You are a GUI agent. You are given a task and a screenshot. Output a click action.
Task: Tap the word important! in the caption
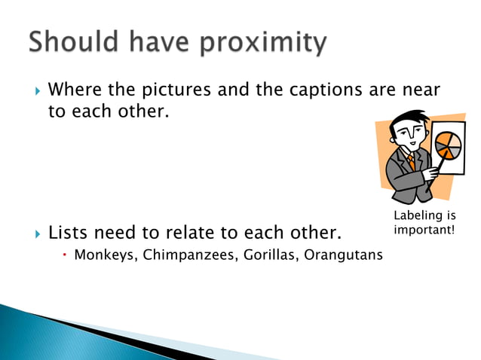pos(424,229)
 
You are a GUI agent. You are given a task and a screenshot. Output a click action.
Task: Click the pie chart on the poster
pos(448,145)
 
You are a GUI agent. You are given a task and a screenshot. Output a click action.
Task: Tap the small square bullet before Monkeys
pos(66,255)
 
